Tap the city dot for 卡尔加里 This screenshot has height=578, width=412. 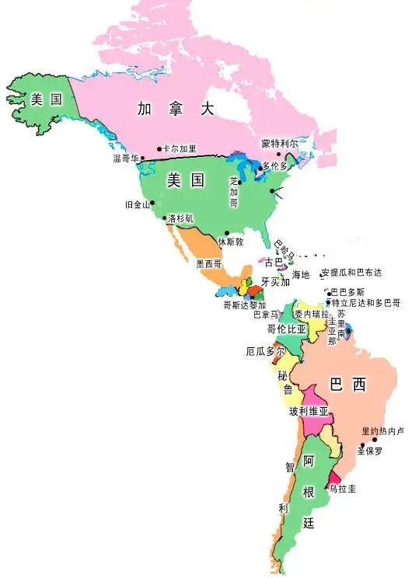[x=159, y=148]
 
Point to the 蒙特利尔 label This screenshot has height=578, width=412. [x=279, y=144]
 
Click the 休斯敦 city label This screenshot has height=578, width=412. [x=230, y=242]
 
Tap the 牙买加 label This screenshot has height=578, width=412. [x=274, y=282]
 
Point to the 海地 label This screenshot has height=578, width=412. [x=300, y=275]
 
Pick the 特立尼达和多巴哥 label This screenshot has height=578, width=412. [x=365, y=301]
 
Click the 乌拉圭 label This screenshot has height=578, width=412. [x=342, y=489]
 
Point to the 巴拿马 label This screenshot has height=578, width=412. [x=265, y=315]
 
